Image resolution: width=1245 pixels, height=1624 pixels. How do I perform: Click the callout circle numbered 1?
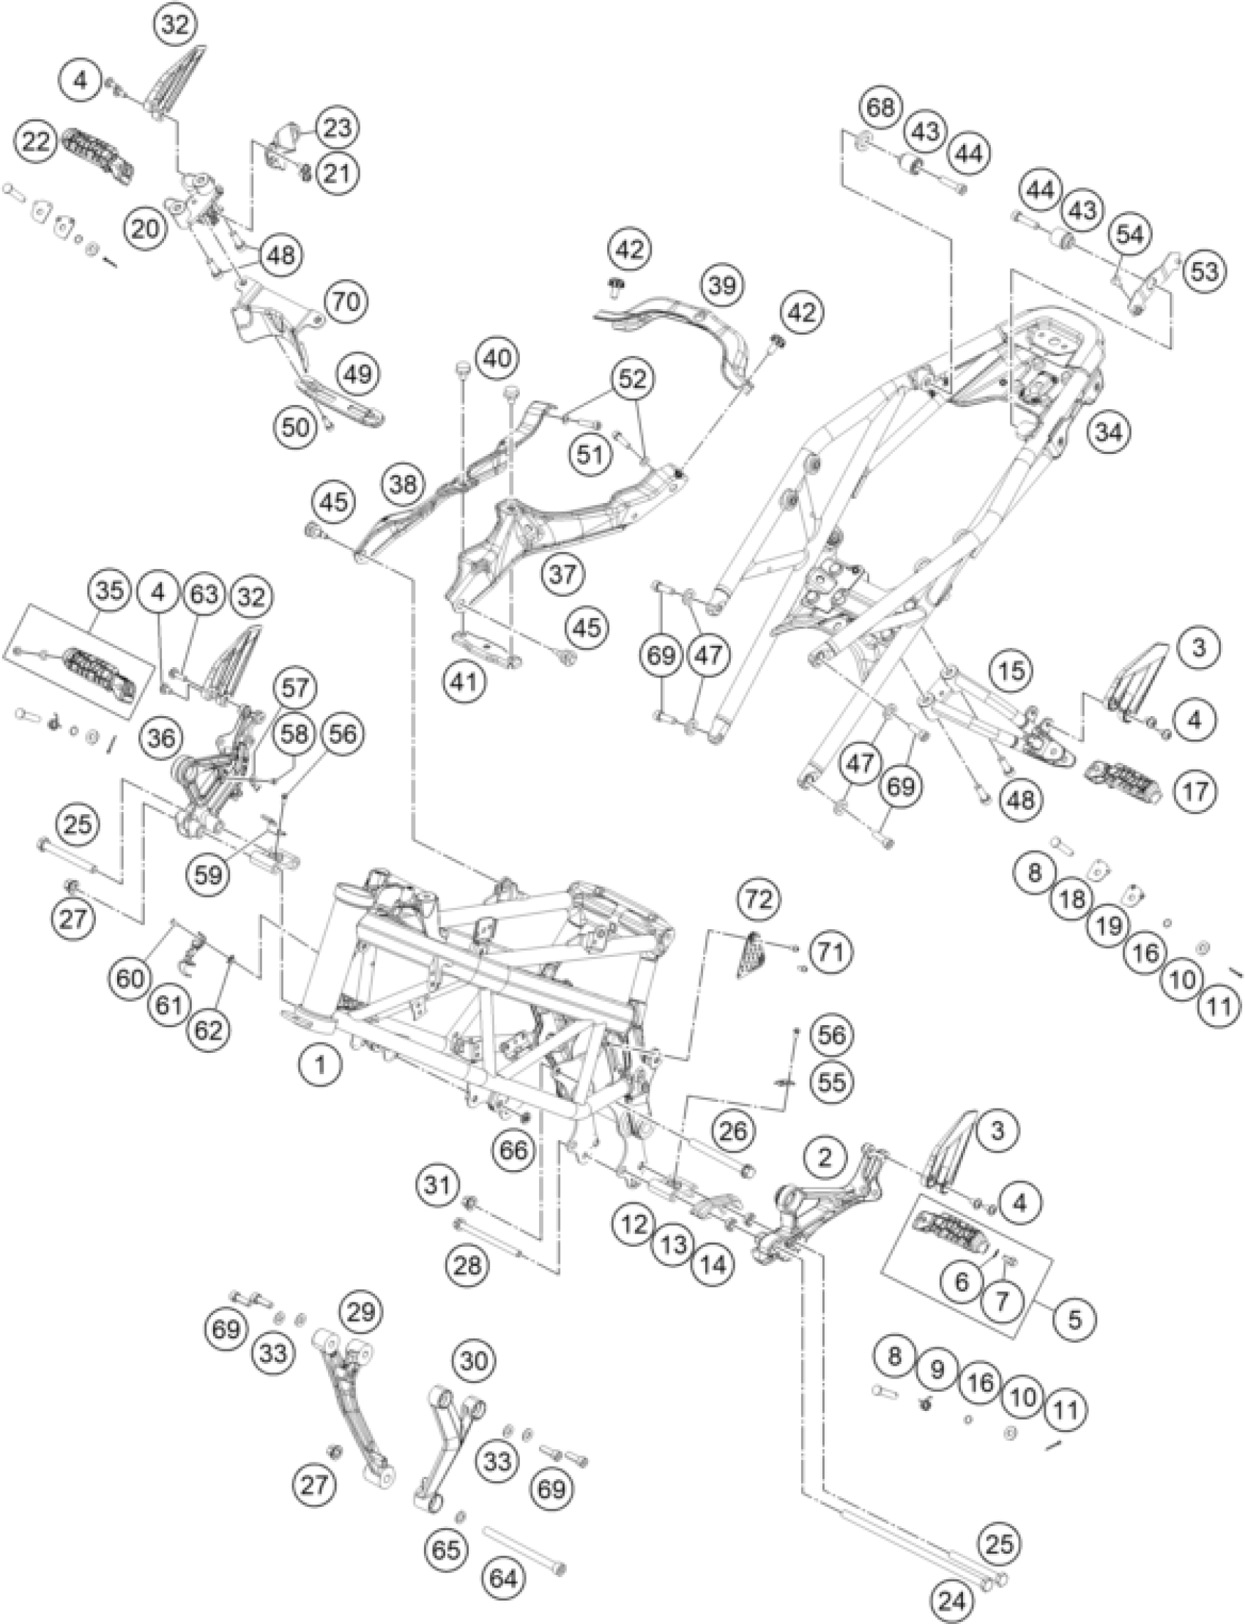[x=320, y=1067]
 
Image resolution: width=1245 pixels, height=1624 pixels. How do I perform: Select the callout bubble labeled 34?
[x=1110, y=432]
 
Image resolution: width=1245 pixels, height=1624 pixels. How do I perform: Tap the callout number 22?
[x=37, y=141]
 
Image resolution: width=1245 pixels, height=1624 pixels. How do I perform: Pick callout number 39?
[x=721, y=286]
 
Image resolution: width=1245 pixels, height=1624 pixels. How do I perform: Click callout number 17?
[x=1195, y=792]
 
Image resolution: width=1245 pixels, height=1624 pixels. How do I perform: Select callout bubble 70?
[x=346, y=302]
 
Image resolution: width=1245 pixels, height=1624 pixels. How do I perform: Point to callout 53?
[x=1203, y=271]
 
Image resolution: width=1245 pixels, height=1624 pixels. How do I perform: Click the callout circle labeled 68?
[x=882, y=108]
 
